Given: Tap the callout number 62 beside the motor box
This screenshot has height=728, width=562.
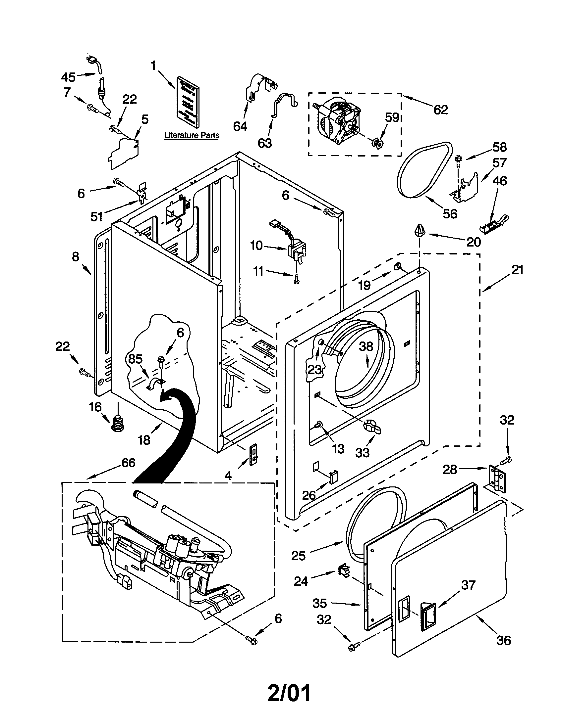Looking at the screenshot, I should tap(440, 109).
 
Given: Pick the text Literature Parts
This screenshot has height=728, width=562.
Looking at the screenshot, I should tap(192, 135).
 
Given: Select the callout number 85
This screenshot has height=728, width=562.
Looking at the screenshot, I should tap(135, 359).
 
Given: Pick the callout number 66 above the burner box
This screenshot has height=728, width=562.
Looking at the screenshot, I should tap(128, 463).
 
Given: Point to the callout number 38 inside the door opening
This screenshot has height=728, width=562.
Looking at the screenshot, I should tap(366, 346).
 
